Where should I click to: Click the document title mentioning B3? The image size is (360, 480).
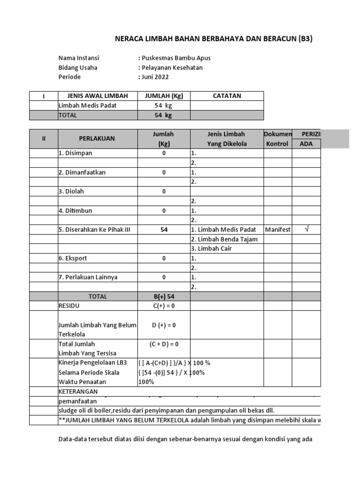213,39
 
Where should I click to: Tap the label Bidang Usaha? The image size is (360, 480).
78,67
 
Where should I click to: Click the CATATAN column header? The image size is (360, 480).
227,96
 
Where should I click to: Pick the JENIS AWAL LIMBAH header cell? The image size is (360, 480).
97,96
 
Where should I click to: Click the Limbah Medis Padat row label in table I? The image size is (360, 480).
87,105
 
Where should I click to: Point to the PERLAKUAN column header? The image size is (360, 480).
97,139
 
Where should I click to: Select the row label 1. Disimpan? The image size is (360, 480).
75,153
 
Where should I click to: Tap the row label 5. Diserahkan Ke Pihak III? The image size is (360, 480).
94,230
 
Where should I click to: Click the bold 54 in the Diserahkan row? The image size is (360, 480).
164,230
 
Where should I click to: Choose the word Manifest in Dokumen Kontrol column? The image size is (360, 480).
277,230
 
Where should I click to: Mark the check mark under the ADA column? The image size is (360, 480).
307,229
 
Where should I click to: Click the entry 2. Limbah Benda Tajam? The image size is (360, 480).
224,239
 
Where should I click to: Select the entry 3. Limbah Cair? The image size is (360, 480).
211,248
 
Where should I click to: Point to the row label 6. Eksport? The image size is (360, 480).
73,258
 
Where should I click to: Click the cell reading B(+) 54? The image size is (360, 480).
164,296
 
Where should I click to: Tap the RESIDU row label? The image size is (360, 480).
69,306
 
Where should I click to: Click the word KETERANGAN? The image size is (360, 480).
79,391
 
